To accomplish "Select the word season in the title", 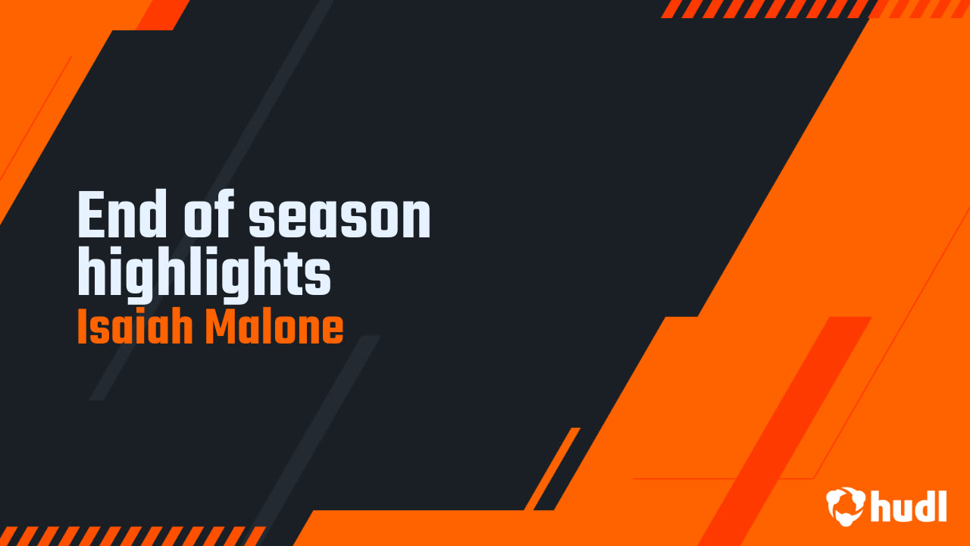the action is (339, 218).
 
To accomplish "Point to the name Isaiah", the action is (135, 326).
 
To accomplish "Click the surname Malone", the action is (274, 326).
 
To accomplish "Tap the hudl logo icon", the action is (846, 506).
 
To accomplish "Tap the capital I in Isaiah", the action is (81, 326).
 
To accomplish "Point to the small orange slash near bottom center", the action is (552, 469).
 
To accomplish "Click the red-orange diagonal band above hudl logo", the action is (784, 431).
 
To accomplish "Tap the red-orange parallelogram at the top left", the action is (163, 15).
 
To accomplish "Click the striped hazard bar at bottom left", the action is (133, 536).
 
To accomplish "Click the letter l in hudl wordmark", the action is (942, 506).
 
